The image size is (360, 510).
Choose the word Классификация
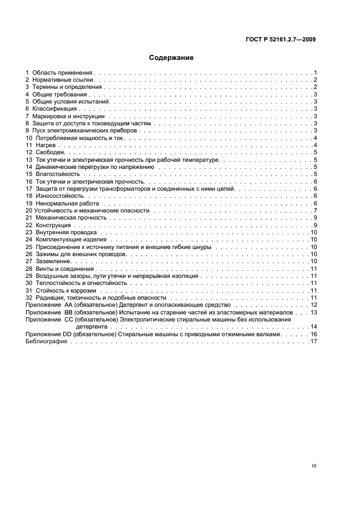(54, 108)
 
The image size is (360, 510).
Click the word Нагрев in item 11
(46, 145)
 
